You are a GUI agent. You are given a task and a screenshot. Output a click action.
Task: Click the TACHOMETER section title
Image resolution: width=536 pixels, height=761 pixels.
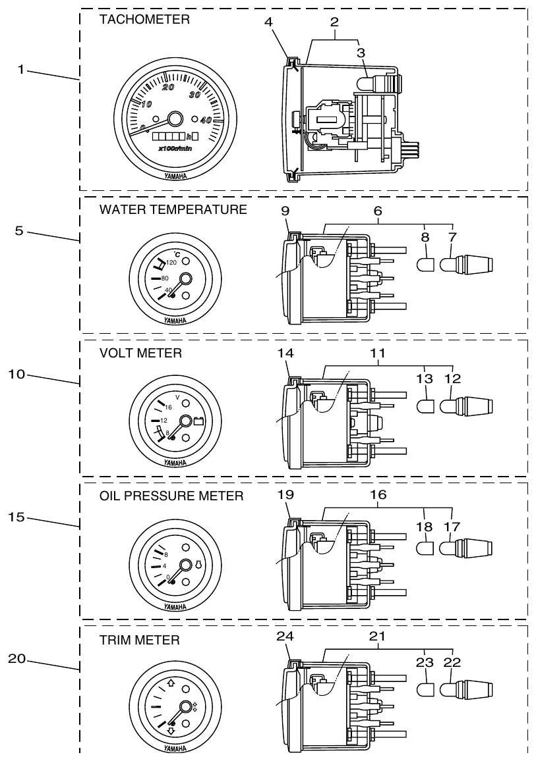144,20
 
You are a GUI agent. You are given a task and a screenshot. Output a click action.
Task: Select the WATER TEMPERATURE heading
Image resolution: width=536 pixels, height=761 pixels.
173,210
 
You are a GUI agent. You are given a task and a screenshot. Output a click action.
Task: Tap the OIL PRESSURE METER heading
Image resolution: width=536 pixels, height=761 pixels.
171,496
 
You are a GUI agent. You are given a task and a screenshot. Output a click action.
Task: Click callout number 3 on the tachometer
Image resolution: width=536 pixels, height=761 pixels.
360,51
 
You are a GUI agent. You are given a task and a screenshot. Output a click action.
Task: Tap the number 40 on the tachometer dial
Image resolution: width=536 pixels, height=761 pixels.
206,120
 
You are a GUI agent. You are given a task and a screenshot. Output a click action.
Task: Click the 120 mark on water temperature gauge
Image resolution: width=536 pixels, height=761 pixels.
172,263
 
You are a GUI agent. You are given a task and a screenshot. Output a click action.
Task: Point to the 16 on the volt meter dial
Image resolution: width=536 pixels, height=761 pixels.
168,407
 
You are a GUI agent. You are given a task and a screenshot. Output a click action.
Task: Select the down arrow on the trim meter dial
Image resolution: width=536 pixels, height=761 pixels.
170,731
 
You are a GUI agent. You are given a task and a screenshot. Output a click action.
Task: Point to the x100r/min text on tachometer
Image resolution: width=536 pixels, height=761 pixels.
174,150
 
